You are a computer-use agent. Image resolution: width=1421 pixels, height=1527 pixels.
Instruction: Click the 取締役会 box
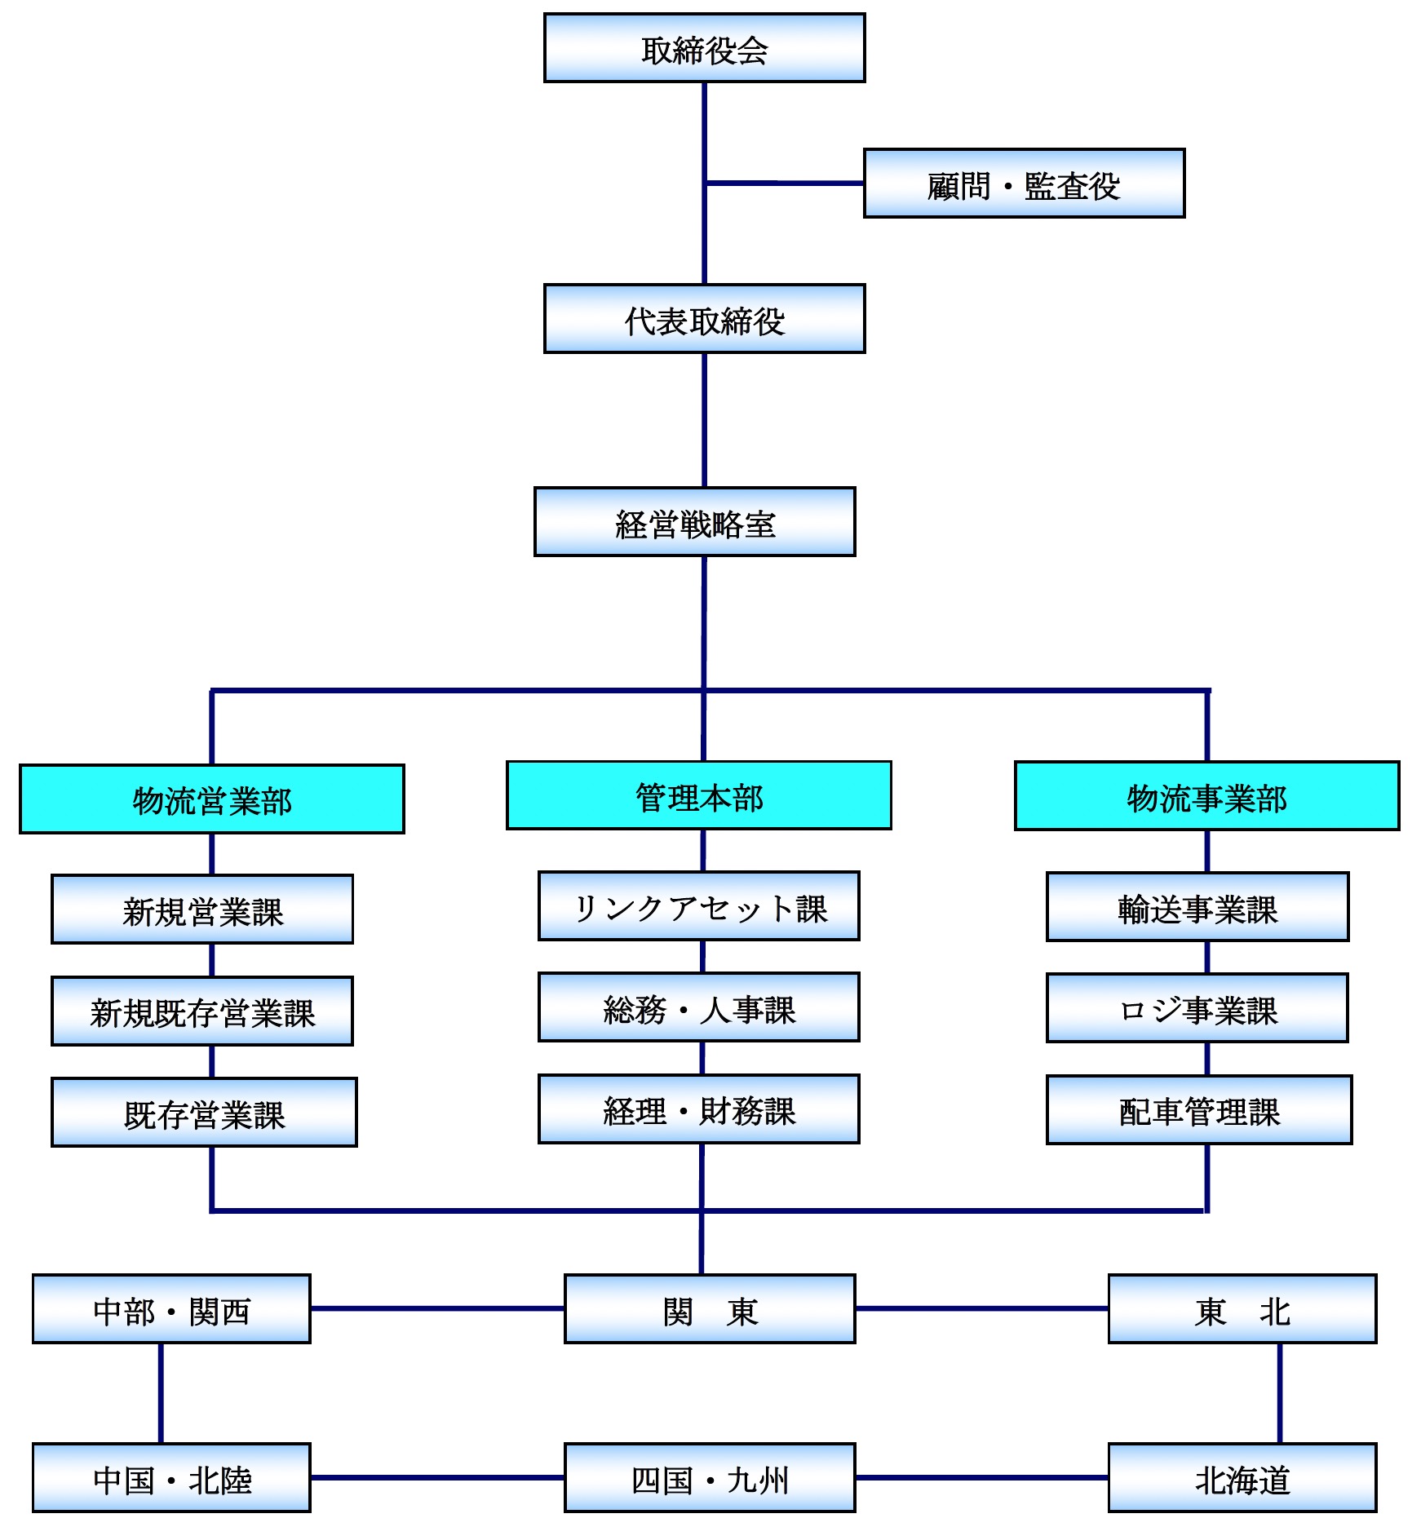click(x=704, y=48)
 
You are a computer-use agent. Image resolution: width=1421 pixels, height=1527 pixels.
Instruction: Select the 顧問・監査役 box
click(x=1024, y=184)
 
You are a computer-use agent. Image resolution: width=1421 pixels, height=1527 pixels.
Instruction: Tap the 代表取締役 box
click(x=704, y=319)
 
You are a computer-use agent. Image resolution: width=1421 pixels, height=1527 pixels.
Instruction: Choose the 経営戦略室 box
click(x=694, y=522)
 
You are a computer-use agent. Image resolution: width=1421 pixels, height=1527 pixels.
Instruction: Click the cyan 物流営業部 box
click(x=212, y=799)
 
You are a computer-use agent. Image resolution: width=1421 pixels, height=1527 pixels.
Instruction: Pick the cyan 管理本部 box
click(x=699, y=796)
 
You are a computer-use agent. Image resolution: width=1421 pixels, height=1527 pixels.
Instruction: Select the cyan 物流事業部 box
click(x=1206, y=796)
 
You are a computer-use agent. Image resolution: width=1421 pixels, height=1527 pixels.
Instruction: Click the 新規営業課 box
click(x=202, y=910)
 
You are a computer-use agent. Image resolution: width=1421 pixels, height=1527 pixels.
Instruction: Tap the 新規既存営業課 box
click(x=202, y=1011)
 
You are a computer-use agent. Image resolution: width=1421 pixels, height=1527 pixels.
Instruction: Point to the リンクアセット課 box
click(x=699, y=906)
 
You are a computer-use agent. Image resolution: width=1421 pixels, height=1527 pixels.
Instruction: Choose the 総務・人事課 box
click(x=699, y=1007)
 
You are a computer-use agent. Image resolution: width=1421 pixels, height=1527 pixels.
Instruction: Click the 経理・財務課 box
click(x=699, y=1109)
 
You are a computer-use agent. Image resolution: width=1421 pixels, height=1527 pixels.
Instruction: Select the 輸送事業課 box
click(x=1197, y=907)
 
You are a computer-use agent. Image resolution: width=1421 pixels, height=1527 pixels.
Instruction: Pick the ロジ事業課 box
click(x=1197, y=1008)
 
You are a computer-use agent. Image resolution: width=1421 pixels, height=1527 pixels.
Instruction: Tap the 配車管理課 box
click(x=1199, y=1110)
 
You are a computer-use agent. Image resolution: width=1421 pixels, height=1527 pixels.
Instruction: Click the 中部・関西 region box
click(x=171, y=1309)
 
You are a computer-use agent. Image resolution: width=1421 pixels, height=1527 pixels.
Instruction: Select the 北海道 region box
click(x=1242, y=1478)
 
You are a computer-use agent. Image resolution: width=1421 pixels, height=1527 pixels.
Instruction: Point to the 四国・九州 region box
click(x=710, y=1478)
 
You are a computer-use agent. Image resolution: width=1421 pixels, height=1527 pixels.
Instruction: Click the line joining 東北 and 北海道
click(x=1279, y=1393)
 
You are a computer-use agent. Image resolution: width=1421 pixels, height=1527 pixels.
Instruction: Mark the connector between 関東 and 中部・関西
click(x=437, y=1308)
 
